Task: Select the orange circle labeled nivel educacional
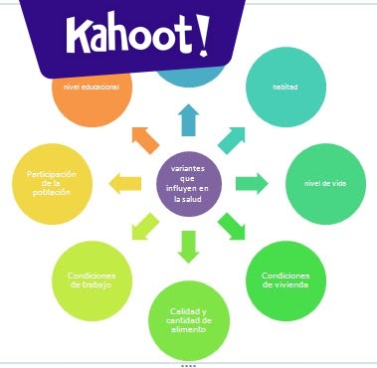click(91, 94)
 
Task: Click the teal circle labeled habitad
click(284, 87)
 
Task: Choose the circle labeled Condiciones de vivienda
click(284, 279)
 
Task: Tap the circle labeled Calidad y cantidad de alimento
click(189, 319)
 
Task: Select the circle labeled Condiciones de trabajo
click(92, 279)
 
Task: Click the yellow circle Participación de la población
click(50, 183)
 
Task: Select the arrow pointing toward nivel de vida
click(252, 183)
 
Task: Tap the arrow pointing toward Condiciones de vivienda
click(233, 227)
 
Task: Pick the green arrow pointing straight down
click(189, 246)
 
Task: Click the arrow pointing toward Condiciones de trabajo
click(144, 227)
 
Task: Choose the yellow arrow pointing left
click(125, 183)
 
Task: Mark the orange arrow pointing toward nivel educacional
click(144, 139)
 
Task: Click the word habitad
click(284, 87)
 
